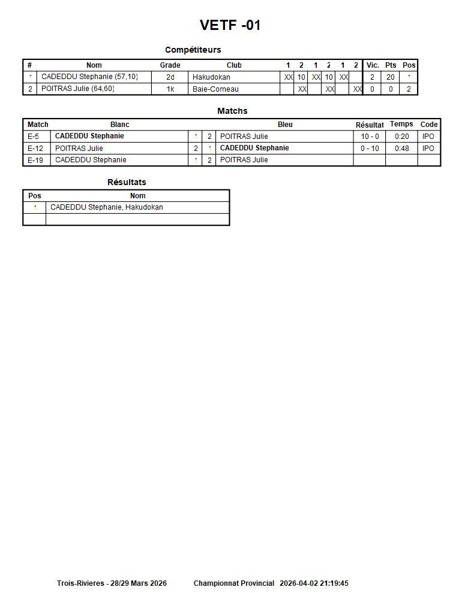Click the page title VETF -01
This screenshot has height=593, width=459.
(230, 25)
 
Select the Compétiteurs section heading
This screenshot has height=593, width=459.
(193, 50)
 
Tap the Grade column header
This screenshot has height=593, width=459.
(170, 65)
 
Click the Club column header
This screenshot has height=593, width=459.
(234, 65)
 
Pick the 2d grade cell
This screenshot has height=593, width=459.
(170, 77)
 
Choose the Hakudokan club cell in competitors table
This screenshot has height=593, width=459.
(211, 77)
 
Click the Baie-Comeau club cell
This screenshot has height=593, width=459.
(215, 89)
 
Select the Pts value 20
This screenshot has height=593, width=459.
(390, 77)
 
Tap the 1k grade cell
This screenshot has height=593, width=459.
(170, 89)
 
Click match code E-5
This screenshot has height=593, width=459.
(34, 137)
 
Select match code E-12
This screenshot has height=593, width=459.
(35, 149)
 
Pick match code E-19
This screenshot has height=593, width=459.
(35, 160)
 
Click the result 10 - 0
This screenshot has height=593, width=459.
(370, 137)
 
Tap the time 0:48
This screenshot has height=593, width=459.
(401, 149)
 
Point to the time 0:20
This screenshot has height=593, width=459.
(401, 137)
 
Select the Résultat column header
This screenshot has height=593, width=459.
(370, 125)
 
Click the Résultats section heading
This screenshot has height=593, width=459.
(127, 182)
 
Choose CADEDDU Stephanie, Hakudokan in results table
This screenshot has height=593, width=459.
(107, 207)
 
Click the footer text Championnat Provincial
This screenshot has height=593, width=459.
(234, 583)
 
